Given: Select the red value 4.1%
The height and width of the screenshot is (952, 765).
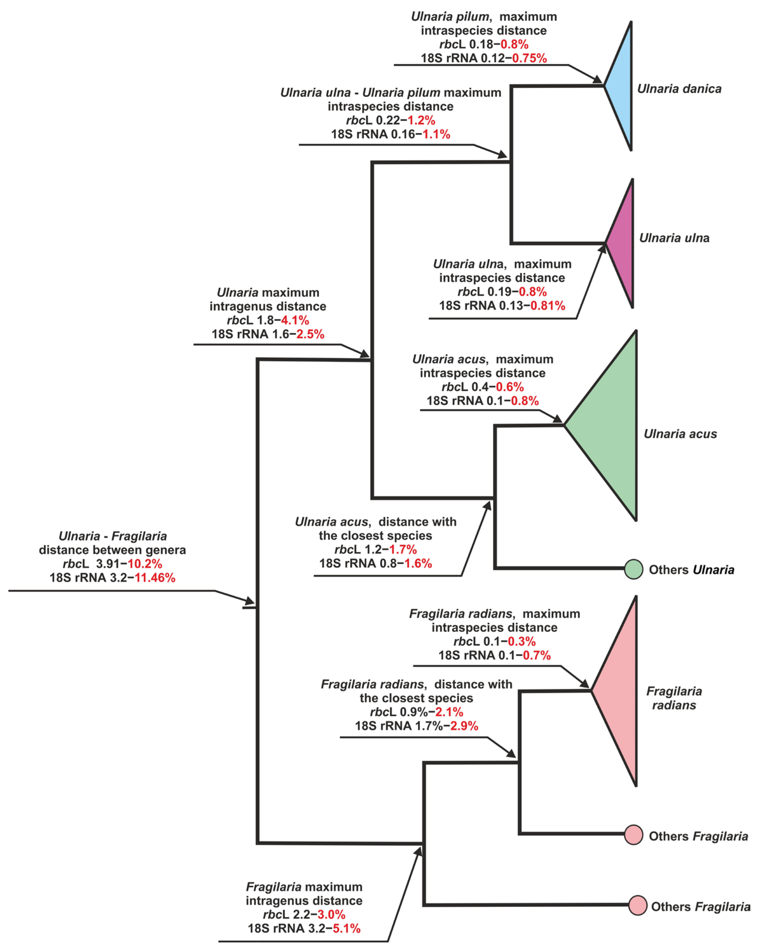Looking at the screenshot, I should click(295, 320).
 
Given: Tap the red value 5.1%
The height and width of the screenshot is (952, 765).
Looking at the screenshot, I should click(347, 928).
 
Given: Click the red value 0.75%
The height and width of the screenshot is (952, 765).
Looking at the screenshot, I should click(529, 58).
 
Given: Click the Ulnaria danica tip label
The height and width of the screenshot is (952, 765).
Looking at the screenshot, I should click(679, 89).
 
